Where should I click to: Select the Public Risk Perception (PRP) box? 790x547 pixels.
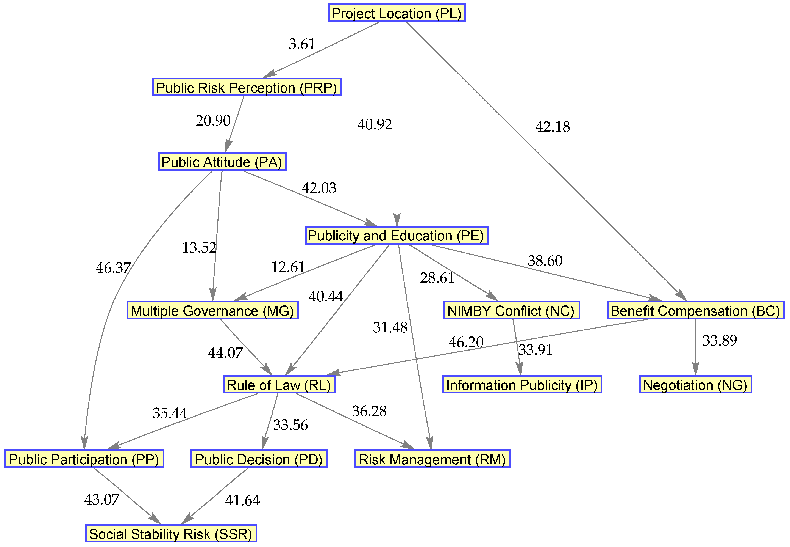(x=247, y=87)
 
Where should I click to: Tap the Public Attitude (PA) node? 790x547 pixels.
(x=222, y=161)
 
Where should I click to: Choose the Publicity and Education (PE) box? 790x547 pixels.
(x=397, y=236)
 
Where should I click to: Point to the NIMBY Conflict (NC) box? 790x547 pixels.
(x=511, y=311)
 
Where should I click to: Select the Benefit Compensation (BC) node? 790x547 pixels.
(x=695, y=311)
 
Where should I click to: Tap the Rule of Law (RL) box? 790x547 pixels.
(x=279, y=385)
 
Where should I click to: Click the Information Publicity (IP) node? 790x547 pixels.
(x=522, y=385)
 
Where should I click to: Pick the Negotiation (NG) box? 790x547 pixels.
(x=695, y=385)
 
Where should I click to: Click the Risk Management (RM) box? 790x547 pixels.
(x=432, y=459)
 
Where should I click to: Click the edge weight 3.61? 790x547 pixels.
(x=302, y=44)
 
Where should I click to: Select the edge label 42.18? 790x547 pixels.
(x=552, y=127)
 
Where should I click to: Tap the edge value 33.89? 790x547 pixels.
(x=720, y=340)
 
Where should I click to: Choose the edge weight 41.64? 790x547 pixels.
(x=242, y=500)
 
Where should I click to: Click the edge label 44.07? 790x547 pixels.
(x=225, y=353)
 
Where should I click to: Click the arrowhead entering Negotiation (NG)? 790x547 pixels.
(x=695, y=371)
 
